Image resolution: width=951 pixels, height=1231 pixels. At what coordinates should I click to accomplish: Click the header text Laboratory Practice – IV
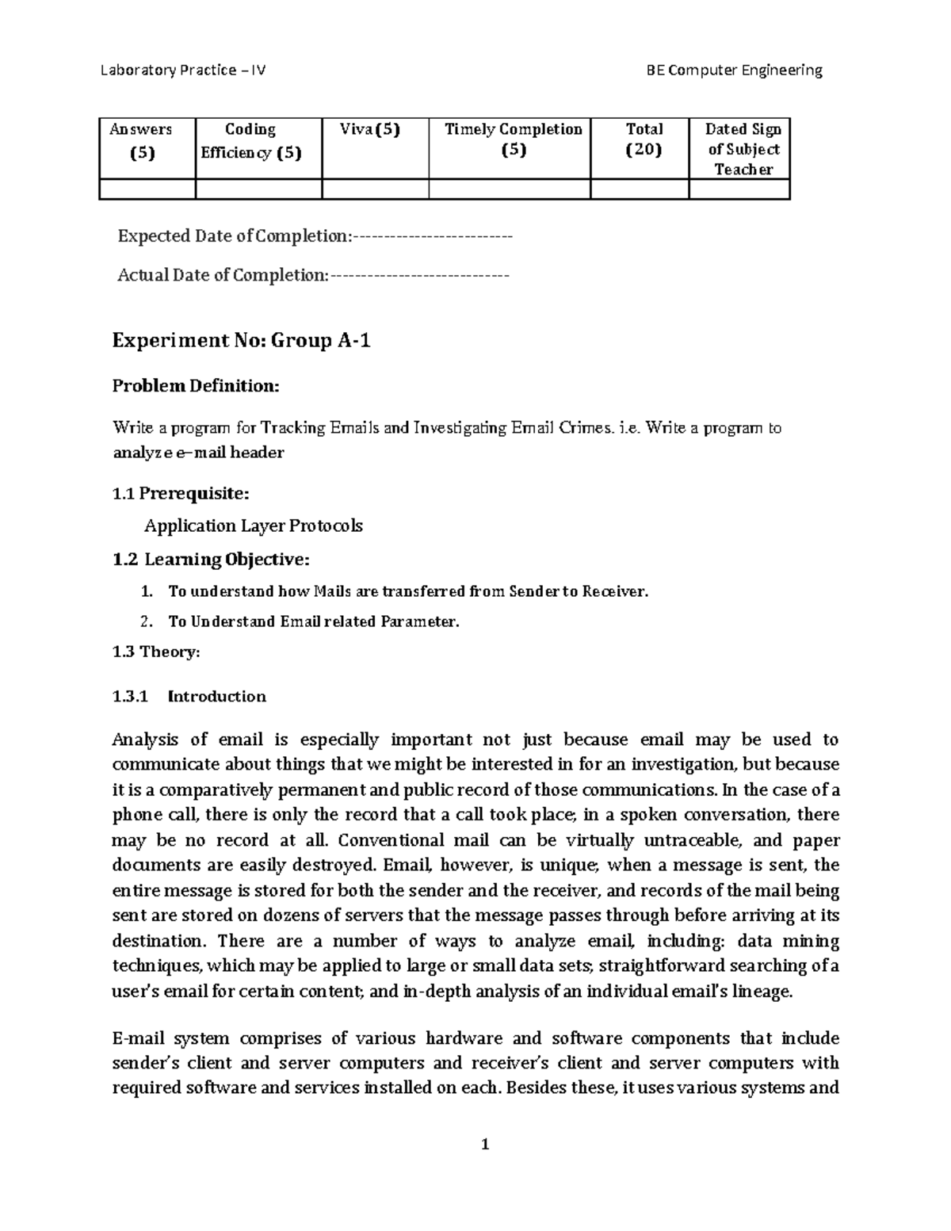(183, 71)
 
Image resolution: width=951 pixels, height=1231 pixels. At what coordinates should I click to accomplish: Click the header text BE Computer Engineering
(735, 71)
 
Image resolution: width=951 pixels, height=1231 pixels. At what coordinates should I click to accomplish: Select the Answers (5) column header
(142, 140)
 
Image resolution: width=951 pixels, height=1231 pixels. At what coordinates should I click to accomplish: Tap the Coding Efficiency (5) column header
(251, 140)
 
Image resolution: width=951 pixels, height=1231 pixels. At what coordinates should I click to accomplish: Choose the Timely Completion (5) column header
(514, 140)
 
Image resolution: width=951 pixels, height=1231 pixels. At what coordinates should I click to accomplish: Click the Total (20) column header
(644, 140)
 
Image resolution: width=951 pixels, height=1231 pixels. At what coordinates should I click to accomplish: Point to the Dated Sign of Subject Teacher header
(743, 149)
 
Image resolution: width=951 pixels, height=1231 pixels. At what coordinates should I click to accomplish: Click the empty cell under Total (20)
(640, 189)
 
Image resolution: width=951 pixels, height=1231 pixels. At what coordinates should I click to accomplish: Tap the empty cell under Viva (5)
(375, 189)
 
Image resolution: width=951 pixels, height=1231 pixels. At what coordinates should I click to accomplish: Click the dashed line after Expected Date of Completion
(433, 236)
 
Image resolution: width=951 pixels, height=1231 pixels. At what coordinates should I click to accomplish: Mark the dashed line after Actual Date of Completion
(419, 275)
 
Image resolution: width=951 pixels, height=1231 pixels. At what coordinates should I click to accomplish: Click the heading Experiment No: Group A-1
(242, 341)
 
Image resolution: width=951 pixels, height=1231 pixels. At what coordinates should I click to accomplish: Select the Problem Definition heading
(196, 386)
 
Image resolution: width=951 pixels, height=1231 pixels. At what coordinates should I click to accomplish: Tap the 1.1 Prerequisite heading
(181, 494)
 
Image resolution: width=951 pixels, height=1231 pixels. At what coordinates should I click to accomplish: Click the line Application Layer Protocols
(254, 526)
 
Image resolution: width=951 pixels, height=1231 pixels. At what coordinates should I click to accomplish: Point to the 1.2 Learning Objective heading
(211, 560)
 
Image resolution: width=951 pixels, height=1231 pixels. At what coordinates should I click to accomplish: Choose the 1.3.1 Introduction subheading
(189, 697)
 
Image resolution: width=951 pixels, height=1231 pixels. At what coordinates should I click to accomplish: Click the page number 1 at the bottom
(485, 1144)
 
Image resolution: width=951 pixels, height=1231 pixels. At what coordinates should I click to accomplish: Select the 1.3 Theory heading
(156, 652)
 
